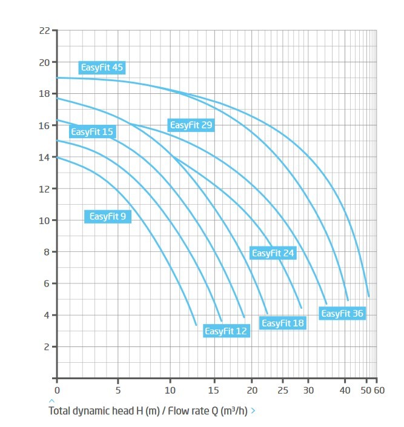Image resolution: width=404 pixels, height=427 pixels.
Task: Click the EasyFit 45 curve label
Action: click(102, 67)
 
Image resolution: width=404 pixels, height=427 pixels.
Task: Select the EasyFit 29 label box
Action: click(191, 125)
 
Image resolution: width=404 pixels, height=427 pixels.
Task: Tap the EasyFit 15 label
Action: click(93, 131)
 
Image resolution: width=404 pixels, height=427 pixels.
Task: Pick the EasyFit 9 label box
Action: click(108, 216)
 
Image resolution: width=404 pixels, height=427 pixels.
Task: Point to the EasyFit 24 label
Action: click(273, 253)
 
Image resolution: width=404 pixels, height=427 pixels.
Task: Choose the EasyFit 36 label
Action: click(342, 314)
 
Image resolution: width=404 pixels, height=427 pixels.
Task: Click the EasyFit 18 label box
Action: click(283, 323)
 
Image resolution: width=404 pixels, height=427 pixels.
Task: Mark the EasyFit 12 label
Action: click(227, 331)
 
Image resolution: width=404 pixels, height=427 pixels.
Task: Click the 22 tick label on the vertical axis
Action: click(45, 31)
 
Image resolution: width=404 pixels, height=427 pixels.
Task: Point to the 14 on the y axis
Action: click(44, 157)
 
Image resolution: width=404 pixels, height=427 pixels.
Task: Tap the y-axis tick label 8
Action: click(47, 252)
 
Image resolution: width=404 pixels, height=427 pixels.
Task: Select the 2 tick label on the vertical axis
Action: click(47, 347)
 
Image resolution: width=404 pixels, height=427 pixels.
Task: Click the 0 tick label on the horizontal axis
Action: click(57, 390)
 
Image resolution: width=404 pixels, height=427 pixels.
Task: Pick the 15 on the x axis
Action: click(214, 390)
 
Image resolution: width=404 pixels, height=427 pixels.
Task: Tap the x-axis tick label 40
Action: click(345, 390)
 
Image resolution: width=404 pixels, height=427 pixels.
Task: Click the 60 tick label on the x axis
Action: click(379, 390)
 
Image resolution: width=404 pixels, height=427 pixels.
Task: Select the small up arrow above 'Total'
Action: click(51, 401)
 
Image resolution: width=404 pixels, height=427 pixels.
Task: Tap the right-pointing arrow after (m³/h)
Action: click(253, 411)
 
